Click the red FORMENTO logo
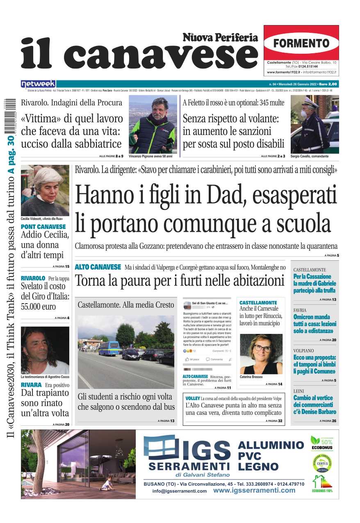pos(301,43)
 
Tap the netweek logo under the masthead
pos(38,84)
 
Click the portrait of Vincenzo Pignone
pos(152,125)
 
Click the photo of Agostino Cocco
pos(45,350)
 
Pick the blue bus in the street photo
pos(109,348)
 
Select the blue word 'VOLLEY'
pos(192,398)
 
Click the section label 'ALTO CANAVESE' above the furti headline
pos(98,267)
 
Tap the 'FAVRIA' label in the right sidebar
pos(300,311)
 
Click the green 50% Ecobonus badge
pos(321,443)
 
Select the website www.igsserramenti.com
pos(254,490)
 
